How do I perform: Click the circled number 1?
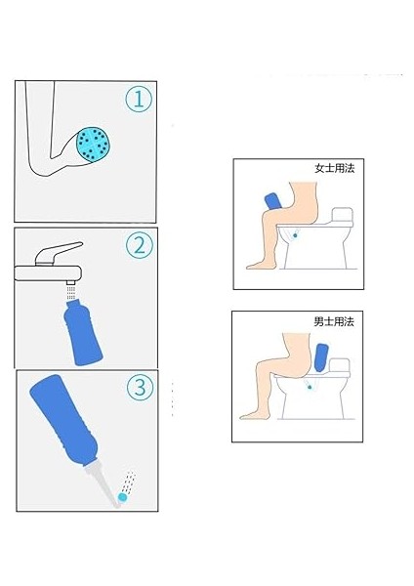point(139,99)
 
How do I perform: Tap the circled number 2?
point(139,245)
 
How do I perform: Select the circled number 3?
point(141,387)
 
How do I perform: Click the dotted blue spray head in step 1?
point(93,145)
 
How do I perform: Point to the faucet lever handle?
point(59,253)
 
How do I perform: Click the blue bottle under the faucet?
point(83,332)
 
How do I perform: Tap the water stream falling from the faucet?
point(71,292)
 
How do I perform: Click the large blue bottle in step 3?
point(64,419)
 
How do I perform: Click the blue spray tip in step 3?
point(122,497)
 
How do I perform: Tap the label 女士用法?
point(334,168)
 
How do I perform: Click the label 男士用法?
point(334,321)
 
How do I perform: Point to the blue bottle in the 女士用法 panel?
point(273,201)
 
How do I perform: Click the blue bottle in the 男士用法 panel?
point(321,357)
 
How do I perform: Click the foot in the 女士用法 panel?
point(258,265)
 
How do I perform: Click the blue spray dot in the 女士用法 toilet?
point(295,235)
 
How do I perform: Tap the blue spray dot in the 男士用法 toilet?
point(310,387)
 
